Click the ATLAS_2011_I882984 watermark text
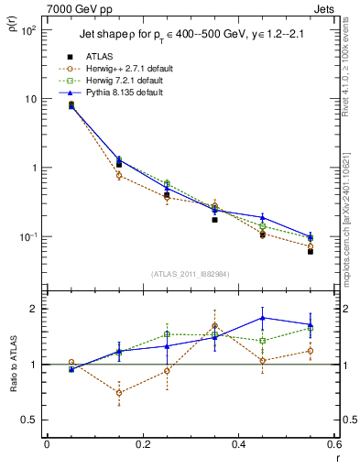tap(190, 273)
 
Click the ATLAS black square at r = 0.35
tap(214, 220)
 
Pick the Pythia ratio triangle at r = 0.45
tap(263, 318)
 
